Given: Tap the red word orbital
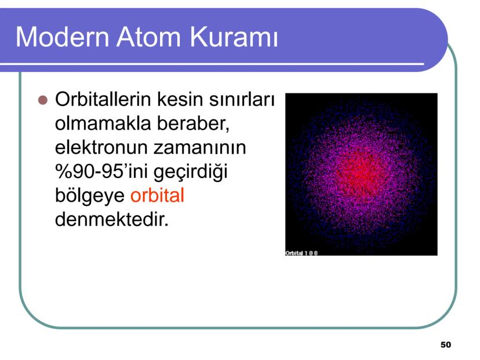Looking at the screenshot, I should point(157,196).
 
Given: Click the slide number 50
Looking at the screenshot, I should point(445,345).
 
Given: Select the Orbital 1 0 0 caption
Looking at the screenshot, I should point(301,253).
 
